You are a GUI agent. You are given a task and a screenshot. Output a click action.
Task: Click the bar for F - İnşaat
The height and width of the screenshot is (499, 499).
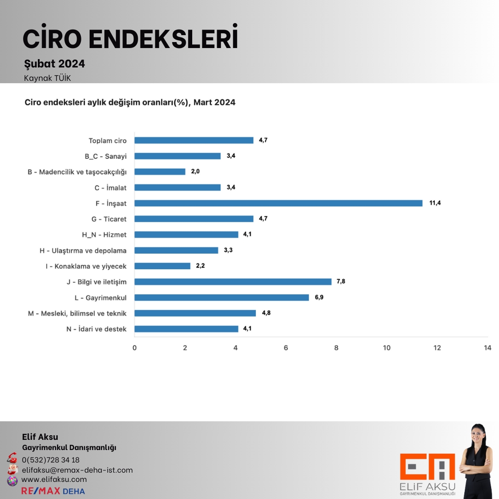click(x=278, y=203)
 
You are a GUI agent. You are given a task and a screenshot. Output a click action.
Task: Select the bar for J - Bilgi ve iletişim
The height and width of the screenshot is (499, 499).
click(x=233, y=282)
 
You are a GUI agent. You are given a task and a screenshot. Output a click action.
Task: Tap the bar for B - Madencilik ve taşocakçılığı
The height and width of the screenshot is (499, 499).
click(x=160, y=172)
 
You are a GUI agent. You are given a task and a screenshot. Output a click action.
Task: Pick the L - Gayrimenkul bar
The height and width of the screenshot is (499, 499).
click(x=222, y=298)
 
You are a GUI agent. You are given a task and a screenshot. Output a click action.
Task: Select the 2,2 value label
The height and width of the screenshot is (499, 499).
click(x=200, y=266)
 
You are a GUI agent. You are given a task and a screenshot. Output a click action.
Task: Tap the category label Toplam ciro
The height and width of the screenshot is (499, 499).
click(x=108, y=140)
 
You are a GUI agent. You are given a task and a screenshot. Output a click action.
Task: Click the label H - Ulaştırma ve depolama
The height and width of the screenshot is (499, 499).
click(x=83, y=250)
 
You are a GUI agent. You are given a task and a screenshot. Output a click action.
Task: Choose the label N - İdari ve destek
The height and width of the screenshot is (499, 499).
click(x=97, y=329)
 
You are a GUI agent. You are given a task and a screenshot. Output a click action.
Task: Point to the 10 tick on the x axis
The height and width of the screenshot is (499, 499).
click(x=387, y=348)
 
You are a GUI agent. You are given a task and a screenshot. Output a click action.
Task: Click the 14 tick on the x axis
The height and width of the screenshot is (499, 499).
click(x=487, y=348)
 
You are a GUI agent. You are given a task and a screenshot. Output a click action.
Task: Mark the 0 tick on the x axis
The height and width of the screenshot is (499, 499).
click(x=134, y=348)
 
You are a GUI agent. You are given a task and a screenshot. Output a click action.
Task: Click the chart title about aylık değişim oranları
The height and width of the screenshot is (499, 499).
click(x=130, y=103)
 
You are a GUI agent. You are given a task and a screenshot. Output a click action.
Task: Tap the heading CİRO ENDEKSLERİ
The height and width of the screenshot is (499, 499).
click(x=130, y=39)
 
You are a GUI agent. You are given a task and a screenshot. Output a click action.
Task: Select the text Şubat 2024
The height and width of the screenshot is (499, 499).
click(x=55, y=64)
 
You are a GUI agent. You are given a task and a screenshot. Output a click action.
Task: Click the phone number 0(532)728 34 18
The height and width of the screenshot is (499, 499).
click(x=51, y=460)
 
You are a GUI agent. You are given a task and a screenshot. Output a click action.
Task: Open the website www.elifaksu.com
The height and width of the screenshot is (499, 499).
click(x=54, y=480)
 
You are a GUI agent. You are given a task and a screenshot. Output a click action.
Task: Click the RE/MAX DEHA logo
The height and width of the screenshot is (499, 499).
click(x=53, y=491)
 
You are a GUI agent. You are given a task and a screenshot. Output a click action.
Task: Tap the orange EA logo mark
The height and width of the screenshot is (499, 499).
click(x=427, y=467)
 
